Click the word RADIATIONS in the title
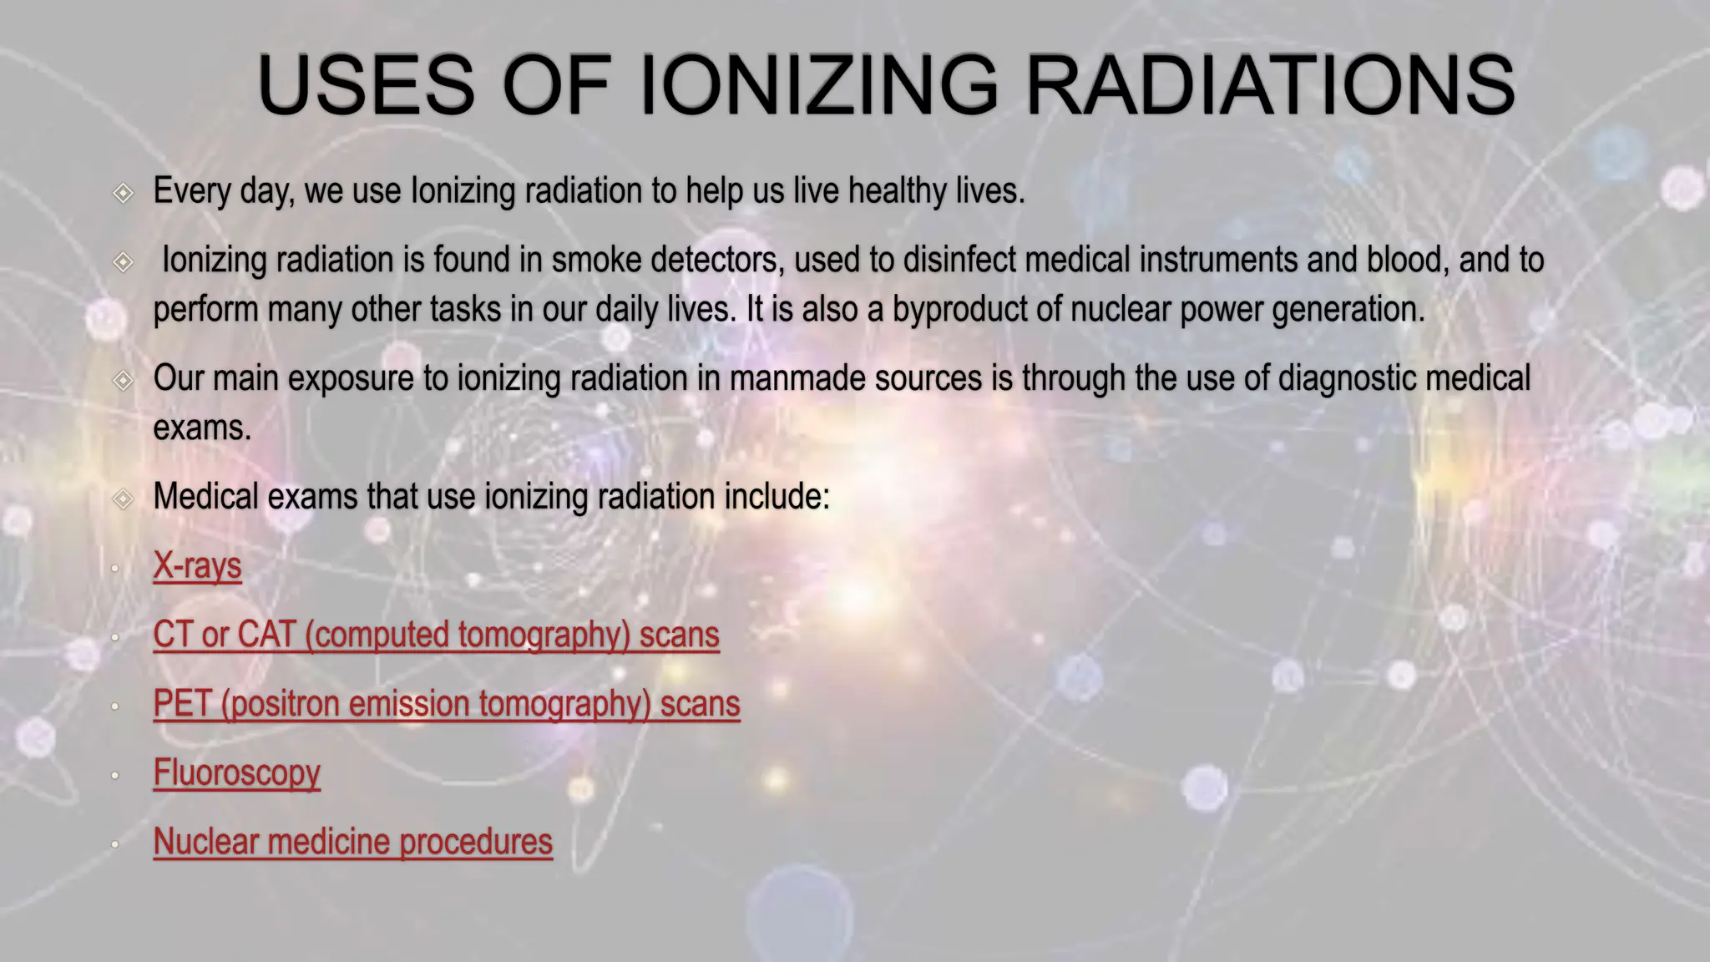coord(1269,85)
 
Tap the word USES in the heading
coord(366,85)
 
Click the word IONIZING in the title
coord(818,85)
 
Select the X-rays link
coord(197,566)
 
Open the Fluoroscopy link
coord(236,773)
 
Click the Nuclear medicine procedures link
coord(352,842)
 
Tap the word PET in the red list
coord(181,704)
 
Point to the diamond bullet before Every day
coord(123,194)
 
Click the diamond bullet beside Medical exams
coord(123,499)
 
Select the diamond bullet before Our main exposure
coord(123,381)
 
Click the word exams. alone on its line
coord(202,428)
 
